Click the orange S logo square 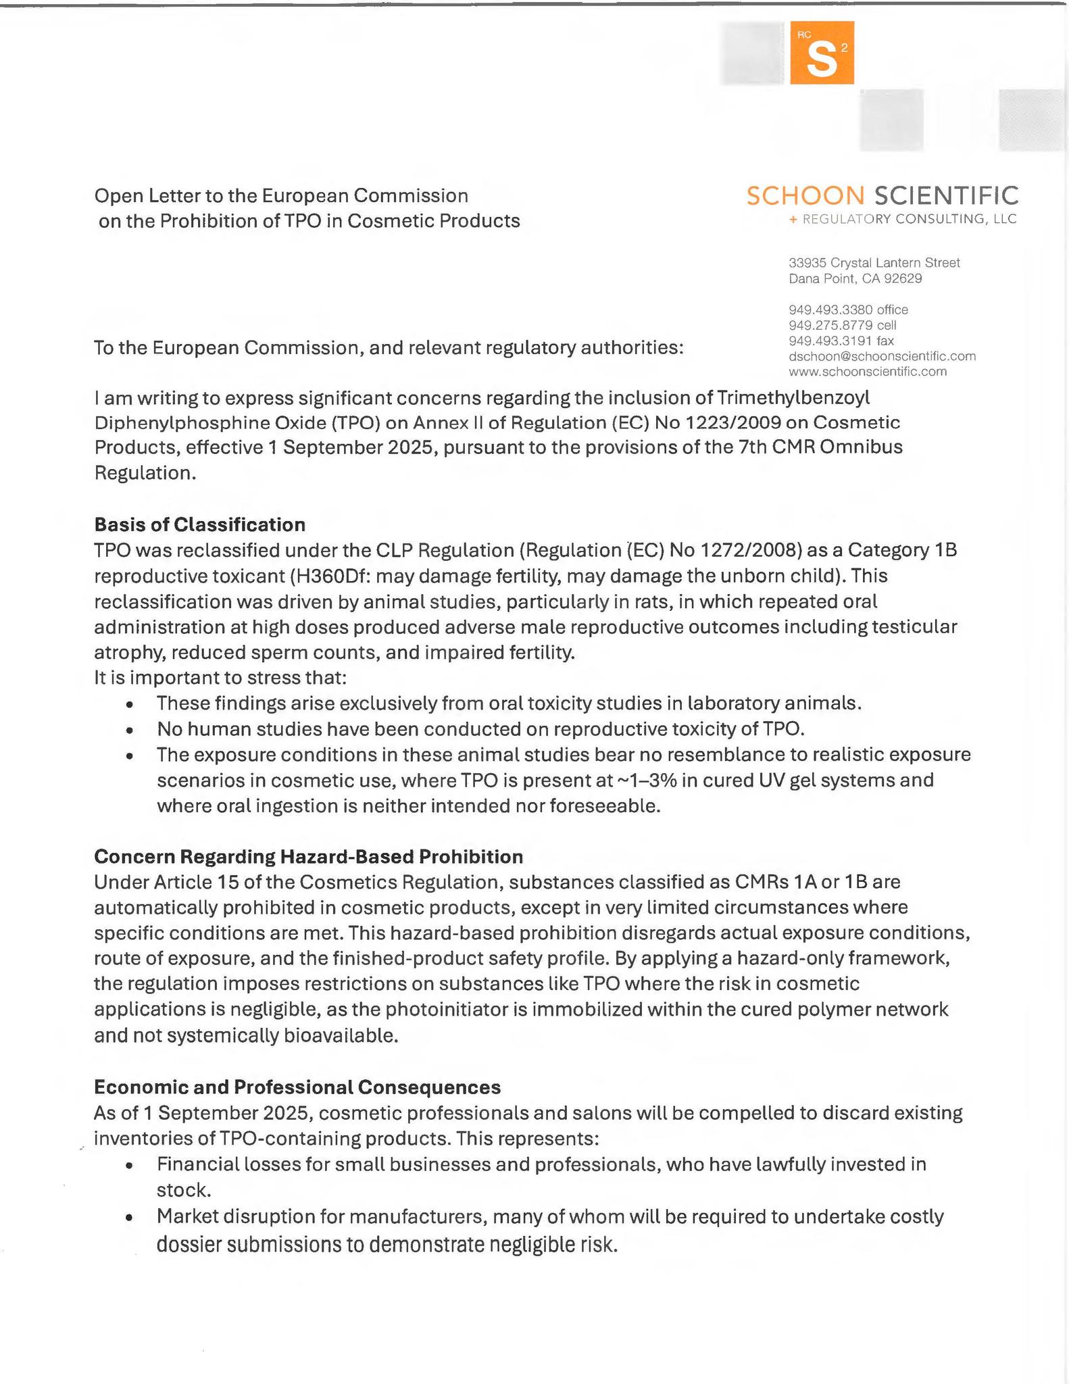coord(822,53)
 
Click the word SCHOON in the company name coord(805,196)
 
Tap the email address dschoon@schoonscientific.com coord(882,356)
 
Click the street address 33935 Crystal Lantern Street coord(874,262)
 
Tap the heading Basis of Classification coord(199,524)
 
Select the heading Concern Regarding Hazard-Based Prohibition coord(308,857)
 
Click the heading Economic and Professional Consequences coord(297,1087)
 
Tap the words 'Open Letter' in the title coord(146,196)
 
